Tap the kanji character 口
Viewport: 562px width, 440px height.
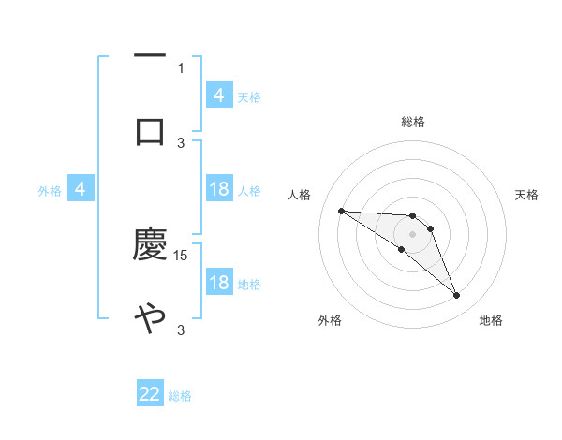150,131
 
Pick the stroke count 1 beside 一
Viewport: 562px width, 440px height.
181,67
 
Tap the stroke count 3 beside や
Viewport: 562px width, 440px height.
181,330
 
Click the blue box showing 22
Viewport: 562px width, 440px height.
150,394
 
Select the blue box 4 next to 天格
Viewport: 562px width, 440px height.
218,95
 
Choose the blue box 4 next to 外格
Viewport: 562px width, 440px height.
81,190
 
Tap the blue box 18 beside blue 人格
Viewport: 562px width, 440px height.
218,190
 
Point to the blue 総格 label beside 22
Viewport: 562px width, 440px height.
180,396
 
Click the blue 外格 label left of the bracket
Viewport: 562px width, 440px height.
50,191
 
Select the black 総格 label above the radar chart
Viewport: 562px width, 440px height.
412,122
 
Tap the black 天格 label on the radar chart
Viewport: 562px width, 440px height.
527,195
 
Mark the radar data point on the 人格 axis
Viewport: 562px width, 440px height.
341,211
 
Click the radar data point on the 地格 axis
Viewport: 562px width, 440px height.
457,296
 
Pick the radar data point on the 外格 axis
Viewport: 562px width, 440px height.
402,249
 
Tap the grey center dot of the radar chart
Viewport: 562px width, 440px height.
412,234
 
